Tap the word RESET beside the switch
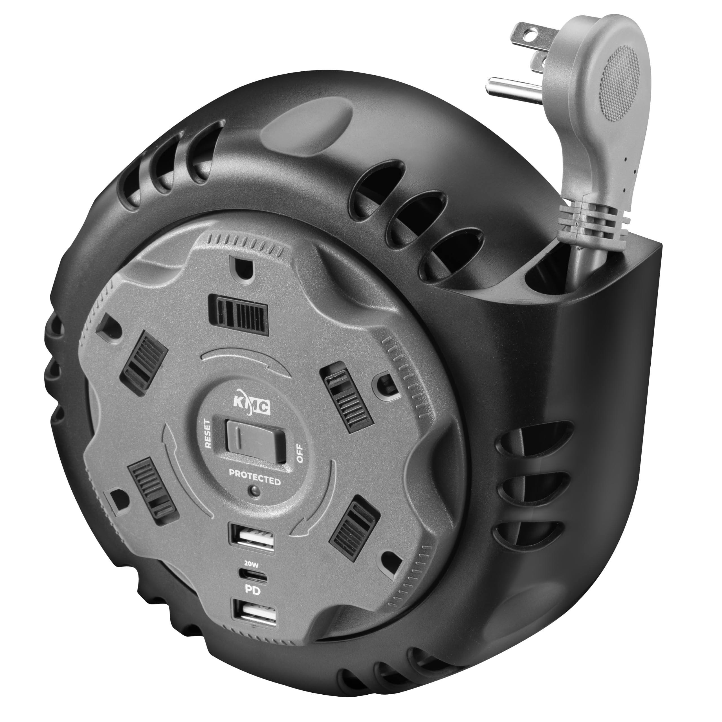pyautogui.click(x=208, y=434)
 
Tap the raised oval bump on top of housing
pyautogui.click(x=306, y=127)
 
